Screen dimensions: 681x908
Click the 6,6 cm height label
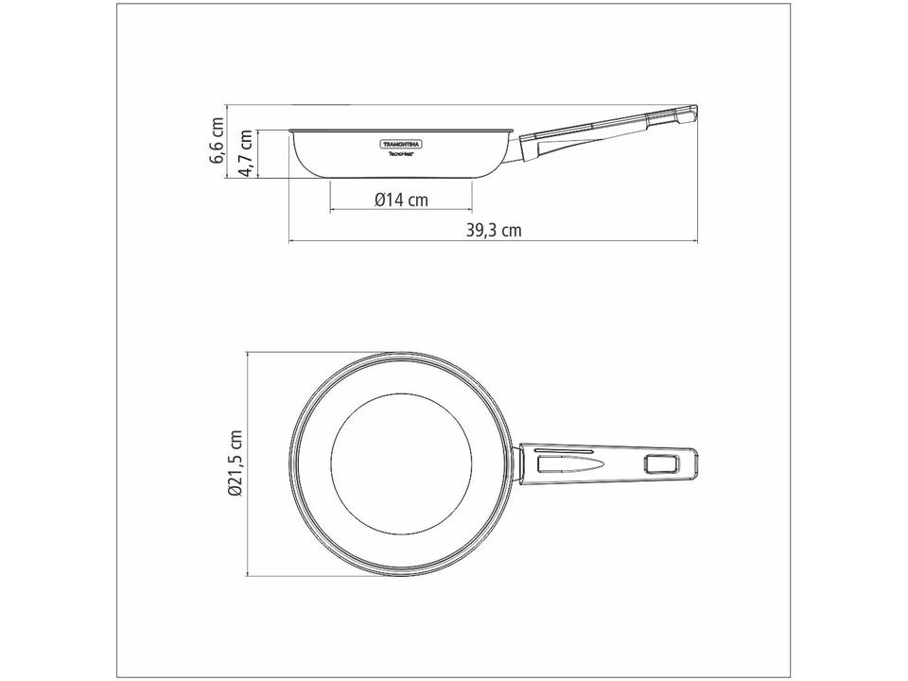pos(218,140)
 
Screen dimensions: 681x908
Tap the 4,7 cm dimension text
pos(245,155)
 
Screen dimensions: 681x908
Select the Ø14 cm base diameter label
pos(400,201)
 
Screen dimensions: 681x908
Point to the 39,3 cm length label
pos(494,230)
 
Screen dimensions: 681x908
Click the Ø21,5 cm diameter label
pos(236,463)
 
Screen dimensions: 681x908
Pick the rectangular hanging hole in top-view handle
pos(661,463)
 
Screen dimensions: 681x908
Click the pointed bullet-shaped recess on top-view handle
pos(567,463)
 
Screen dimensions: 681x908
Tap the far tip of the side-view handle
pos(696,112)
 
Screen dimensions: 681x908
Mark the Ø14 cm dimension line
pos(400,209)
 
